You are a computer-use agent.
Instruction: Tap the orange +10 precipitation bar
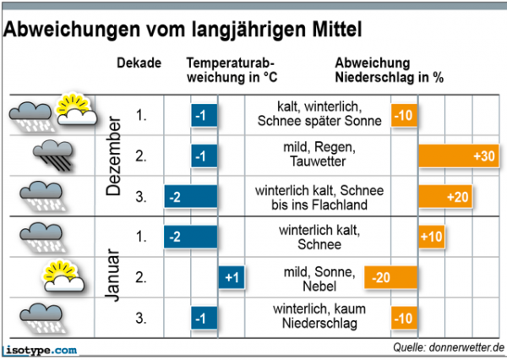pyautogui.click(x=432, y=237)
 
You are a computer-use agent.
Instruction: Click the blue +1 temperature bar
pyautogui.click(x=231, y=277)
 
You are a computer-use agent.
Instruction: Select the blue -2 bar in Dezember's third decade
pyautogui.click(x=191, y=197)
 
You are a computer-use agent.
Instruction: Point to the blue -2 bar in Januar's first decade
pyautogui.click(x=191, y=237)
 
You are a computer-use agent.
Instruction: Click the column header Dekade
pyautogui.click(x=139, y=64)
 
